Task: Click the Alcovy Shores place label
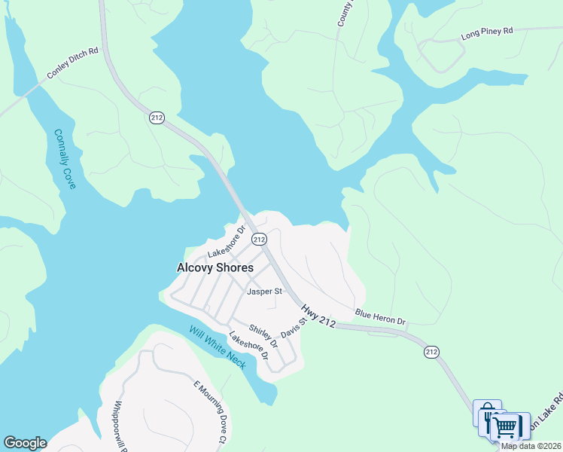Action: [215, 267]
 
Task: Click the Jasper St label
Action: [264, 291]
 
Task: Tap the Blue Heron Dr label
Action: [380, 316]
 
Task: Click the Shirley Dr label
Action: [263, 337]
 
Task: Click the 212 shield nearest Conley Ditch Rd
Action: [157, 118]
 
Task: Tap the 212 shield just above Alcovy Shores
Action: [259, 239]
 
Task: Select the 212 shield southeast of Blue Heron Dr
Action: [431, 352]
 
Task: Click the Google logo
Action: [25, 443]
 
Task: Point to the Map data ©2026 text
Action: [531, 446]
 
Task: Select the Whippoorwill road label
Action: [117, 426]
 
